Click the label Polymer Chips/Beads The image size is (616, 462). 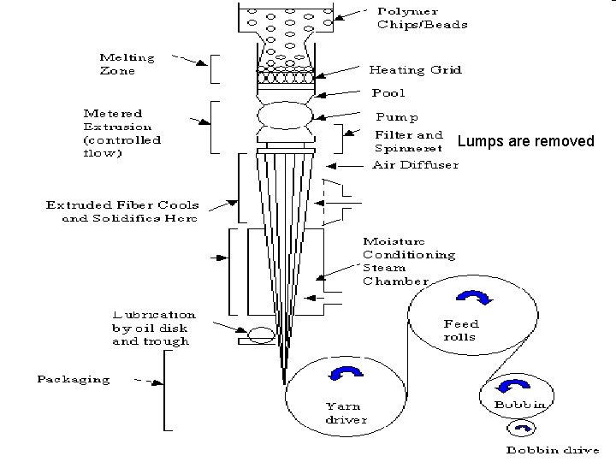coord(422,18)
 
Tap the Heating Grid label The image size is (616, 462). coord(415,69)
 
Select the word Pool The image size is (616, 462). coord(388,92)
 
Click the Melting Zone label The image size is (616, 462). coord(127,64)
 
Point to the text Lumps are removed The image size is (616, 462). coord(525,141)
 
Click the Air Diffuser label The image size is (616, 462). coord(415,164)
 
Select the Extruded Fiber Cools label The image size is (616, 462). coord(121,211)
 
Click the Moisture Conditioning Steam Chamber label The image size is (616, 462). coord(408,261)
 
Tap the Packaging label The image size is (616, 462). coord(73,379)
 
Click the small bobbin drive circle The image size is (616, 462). coord(521,429)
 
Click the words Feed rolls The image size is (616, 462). coord(460,330)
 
